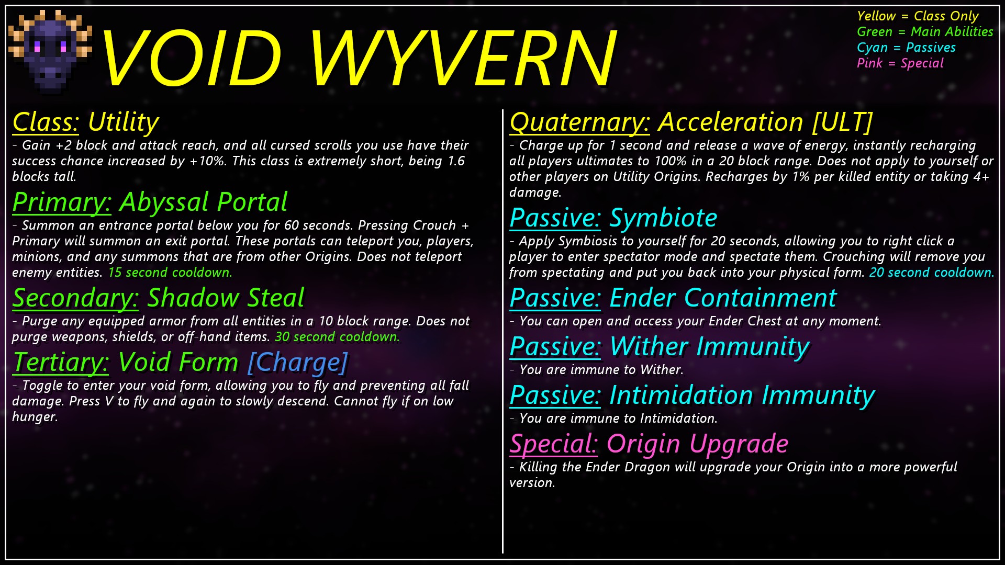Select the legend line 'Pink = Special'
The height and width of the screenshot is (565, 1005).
900,63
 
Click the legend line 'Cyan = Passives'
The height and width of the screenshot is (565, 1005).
906,48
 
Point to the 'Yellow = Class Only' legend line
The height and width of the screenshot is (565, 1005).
918,16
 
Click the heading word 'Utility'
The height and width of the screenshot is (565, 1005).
123,122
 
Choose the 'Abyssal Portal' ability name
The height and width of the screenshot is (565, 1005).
204,202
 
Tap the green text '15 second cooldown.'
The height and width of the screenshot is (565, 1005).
170,273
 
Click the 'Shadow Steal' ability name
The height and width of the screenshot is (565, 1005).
226,298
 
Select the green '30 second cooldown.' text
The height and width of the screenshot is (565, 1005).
337,337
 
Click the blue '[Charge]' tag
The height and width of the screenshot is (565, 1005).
297,362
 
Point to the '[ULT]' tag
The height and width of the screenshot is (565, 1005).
842,122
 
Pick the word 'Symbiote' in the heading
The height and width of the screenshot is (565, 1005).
663,218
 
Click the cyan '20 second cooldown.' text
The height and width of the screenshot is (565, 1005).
932,273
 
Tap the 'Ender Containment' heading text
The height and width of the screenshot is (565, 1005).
723,298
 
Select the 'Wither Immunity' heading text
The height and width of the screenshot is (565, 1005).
709,346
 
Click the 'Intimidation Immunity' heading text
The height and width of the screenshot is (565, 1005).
742,395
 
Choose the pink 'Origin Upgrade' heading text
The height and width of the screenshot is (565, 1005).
697,444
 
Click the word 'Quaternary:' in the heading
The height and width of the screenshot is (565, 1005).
580,122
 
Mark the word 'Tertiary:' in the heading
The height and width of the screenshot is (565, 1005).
61,362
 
